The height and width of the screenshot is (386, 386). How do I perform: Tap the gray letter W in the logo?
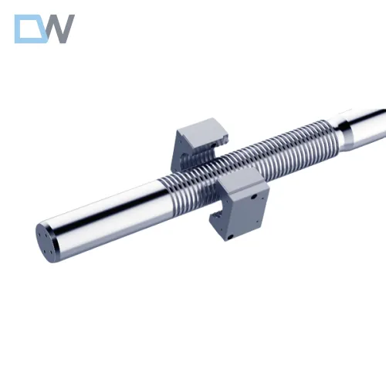pos(60,29)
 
